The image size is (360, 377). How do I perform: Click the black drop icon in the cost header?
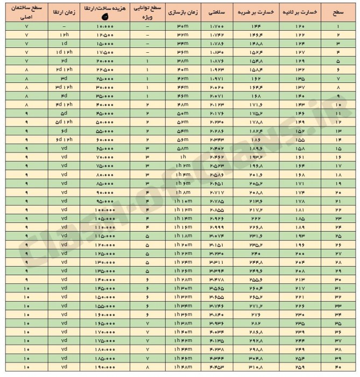coord(104,17)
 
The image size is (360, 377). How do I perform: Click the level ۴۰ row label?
coord(337,367)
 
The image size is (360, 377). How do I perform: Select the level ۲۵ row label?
coord(337,236)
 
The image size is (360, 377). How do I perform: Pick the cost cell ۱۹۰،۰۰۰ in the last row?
coord(104,367)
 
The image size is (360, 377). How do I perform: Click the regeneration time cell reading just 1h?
coord(182,157)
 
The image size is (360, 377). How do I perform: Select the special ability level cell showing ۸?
coord(146,367)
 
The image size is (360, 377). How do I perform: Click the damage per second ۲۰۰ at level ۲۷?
coord(299,254)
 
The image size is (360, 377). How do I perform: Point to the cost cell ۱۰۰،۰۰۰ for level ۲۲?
coord(104,210)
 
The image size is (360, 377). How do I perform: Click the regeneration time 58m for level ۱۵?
coord(182,149)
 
